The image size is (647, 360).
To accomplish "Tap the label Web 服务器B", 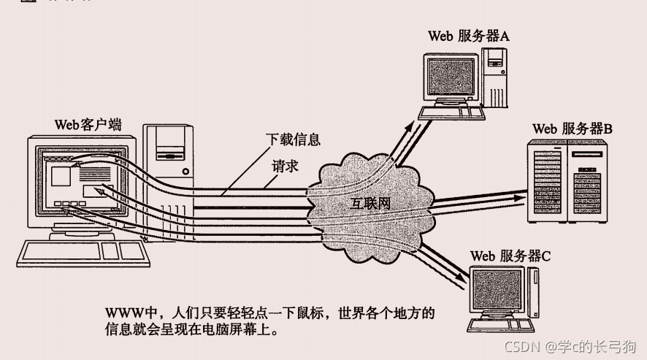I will pyautogui.click(x=572, y=129).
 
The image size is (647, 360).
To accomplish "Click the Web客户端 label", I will pyautogui.click(x=88, y=123).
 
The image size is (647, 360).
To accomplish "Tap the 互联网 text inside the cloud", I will pyautogui.click(x=370, y=203).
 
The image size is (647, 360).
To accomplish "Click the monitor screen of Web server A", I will pyautogui.click(x=453, y=76).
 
